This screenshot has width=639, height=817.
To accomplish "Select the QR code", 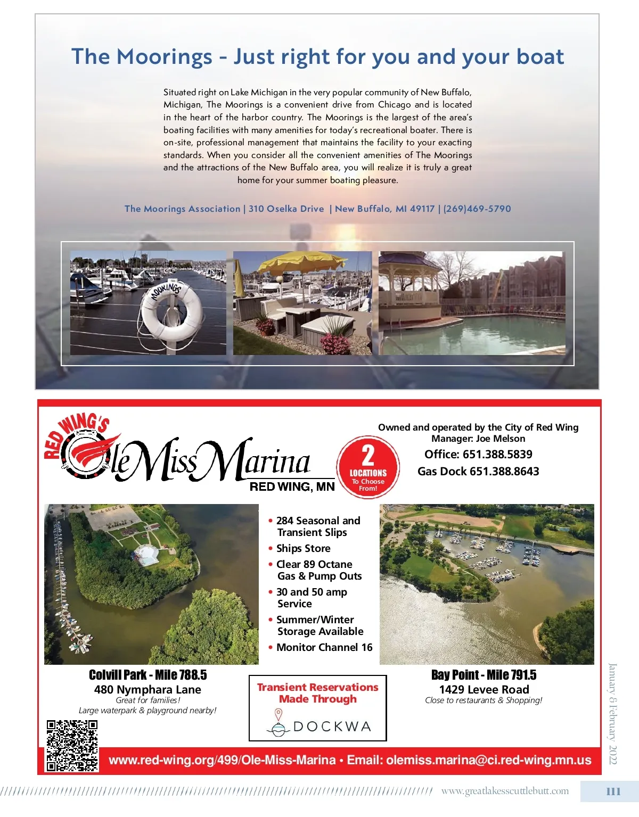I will [72, 745].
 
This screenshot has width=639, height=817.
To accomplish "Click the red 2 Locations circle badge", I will [368, 467].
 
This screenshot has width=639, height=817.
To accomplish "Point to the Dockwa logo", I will [318, 725].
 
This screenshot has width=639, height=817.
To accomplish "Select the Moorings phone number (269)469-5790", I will [477, 209].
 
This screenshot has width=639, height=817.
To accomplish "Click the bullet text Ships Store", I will [303, 548].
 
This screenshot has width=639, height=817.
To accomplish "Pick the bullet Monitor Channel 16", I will [324, 647].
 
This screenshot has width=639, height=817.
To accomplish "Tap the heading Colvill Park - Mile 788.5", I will [148, 675].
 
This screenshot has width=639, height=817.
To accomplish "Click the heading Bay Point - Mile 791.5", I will [484, 675].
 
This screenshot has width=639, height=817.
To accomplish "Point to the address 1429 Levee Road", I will [484, 689].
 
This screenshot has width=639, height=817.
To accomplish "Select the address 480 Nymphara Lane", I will [148, 689].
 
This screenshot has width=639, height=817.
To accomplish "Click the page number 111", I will [613, 791].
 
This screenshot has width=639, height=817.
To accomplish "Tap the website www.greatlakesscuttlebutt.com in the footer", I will [505, 791].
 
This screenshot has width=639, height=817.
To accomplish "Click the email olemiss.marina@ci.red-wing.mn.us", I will [489, 760].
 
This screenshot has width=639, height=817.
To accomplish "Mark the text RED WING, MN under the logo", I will [292, 486].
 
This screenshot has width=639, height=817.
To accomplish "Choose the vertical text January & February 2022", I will [613, 713].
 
